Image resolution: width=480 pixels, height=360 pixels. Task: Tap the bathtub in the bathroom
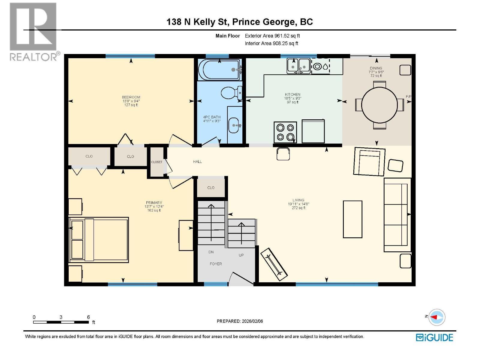coord(220,70)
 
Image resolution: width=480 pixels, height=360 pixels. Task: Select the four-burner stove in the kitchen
coord(285,133)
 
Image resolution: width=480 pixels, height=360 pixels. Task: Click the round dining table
coord(379,105)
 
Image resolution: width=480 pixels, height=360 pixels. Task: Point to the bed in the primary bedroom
coord(98,240)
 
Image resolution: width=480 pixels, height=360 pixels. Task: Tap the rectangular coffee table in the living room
coord(352,219)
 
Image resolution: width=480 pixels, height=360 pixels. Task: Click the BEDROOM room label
coord(131,97)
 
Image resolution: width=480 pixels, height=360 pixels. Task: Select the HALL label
coord(197,161)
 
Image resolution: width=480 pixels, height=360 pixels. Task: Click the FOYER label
coord(216,264)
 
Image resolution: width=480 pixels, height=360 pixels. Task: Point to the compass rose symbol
coord(437,317)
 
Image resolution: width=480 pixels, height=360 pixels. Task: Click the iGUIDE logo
coord(434,337)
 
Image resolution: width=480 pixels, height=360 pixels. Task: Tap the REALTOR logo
coord(34,32)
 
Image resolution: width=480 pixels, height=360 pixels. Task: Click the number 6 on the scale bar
coord(88,317)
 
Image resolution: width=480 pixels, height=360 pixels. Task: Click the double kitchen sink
coord(298,66)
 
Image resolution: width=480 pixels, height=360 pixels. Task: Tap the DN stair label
coord(211,252)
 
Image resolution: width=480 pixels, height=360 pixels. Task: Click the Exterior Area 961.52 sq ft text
coord(272,36)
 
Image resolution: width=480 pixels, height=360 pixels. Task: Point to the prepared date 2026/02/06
coord(252,321)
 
